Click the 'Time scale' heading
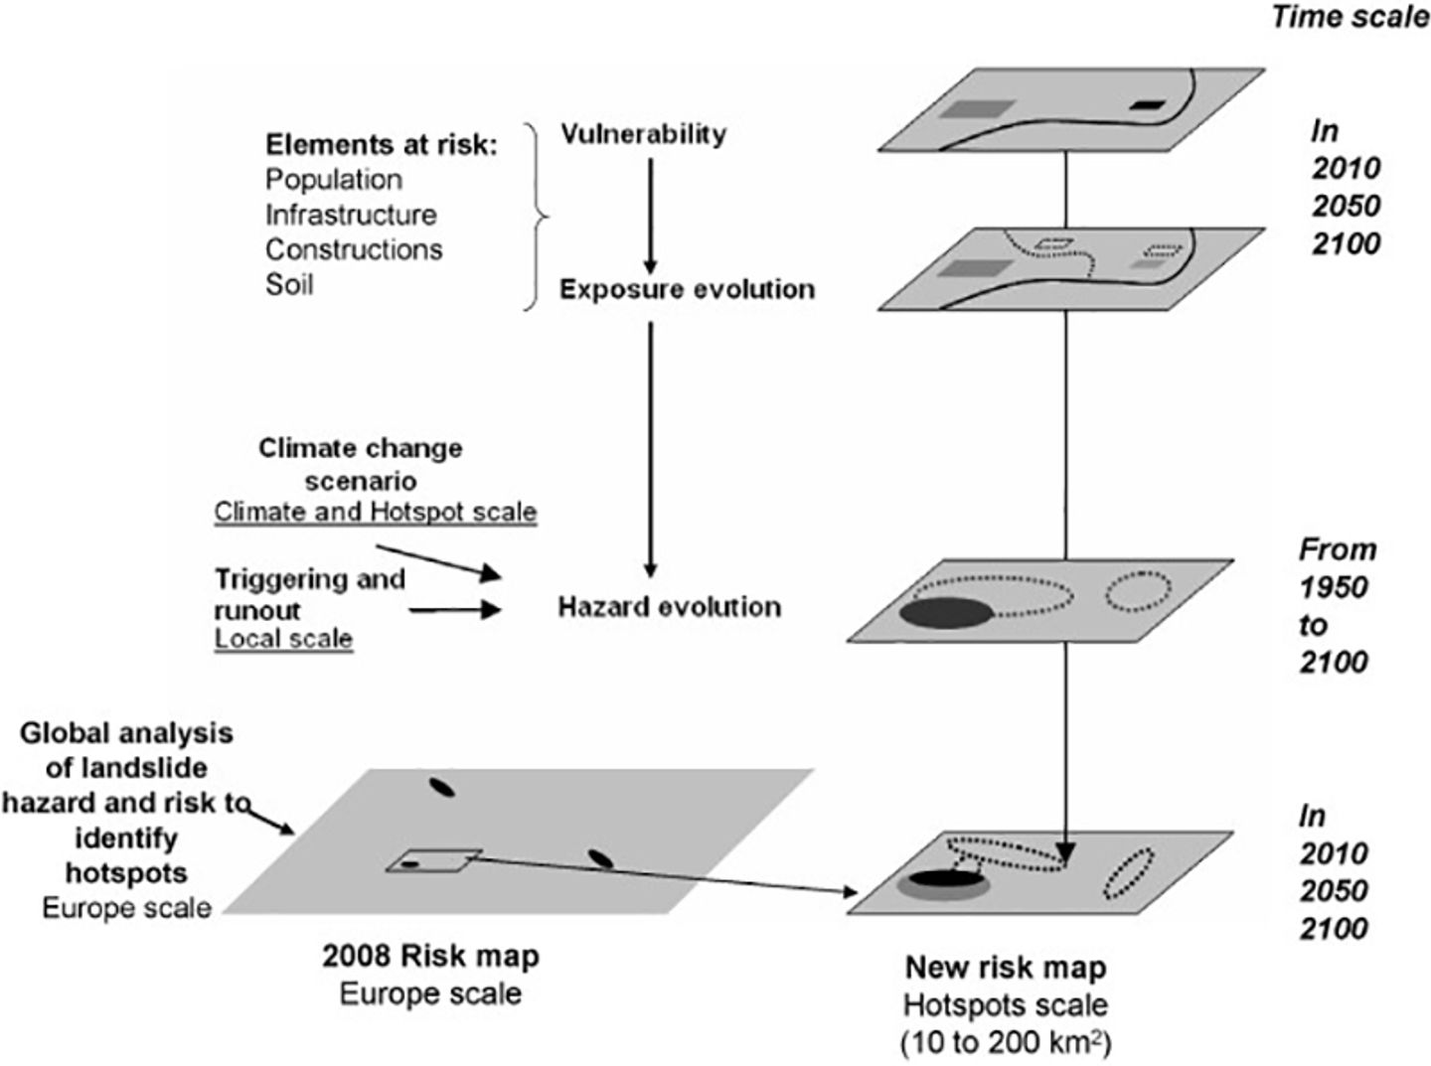click(x=1349, y=17)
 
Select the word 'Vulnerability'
click(x=643, y=134)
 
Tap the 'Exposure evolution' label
click(x=687, y=289)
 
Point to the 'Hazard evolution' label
click(x=669, y=607)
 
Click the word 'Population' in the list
click(x=334, y=180)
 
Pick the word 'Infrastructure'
click(x=351, y=215)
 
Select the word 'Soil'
click(x=289, y=284)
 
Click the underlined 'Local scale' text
click(x=283, y=639)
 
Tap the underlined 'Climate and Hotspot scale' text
click(x=376, y=513)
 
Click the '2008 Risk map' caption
click(x=430, y=956)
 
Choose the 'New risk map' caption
click(x=1005, y=968)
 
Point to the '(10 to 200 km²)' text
click(x=1005, y=1043)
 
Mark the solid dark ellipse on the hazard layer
click(x=946, y=613)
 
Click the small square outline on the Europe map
click(x=433, y=860)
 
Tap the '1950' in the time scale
click(x=1334, y=587)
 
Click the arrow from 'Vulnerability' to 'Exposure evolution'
click(x=650, y=215)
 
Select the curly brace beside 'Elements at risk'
click(x=537, y=216)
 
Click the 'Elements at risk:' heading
click(x=381, y=145)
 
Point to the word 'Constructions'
click(x=354, y=249)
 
